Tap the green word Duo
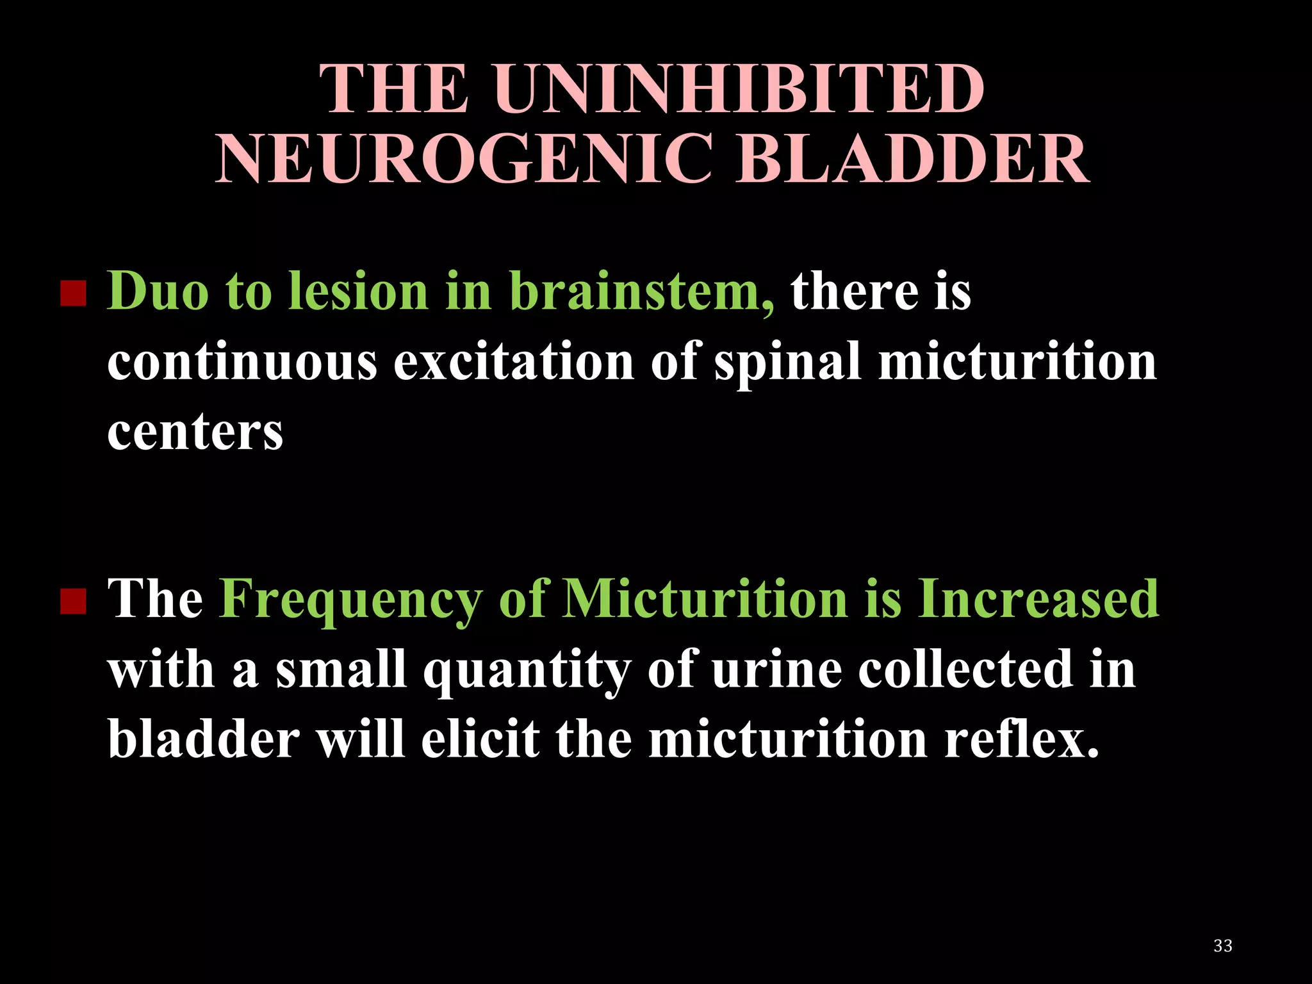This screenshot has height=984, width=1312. pyautogui.click(x=158, y=291)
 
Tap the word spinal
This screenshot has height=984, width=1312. pyautogui.click(x=787, y=363)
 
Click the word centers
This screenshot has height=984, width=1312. pyautogui.click(x=195, y=432)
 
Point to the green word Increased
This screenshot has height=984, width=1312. pyautogui.click(x=1038, y=598)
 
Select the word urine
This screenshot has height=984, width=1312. pyautogui.click(x=776, y=669)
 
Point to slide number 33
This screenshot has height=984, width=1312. pyautogui.click(x=1222, y=946)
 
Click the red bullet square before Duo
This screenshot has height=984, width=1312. pyautogui.click(x=73, y=294)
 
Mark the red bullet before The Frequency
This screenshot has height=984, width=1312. pyautogui.click(x=73, y=602)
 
